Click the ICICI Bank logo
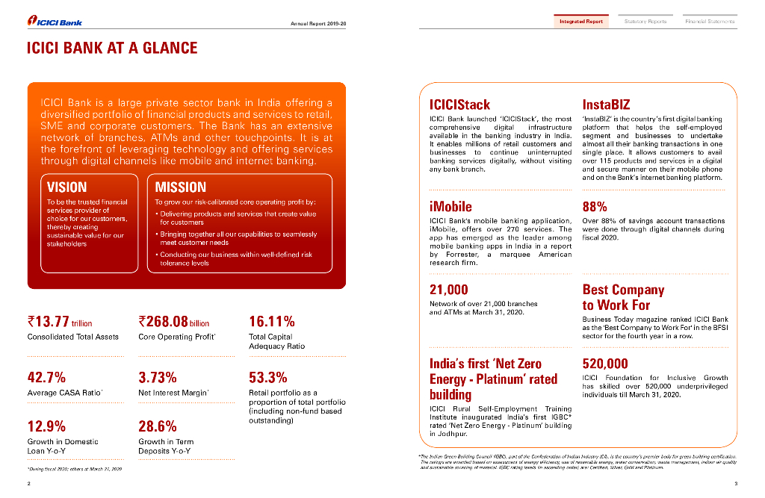click(x=54, y=22)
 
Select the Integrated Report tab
click(x=580, y=22)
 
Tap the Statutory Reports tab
click(x=645, y=22)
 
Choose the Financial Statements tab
click(x=709, y=22)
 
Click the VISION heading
click(x=66, y=187)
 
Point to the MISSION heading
click(x=180, y=187)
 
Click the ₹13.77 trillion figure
click(x=60, y=322)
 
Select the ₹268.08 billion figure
click(x=174, y=322)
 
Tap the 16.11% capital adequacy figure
click(x=271, y=322)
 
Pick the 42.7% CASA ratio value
click(x=46, y=377)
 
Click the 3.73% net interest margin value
click(x=158, y=377)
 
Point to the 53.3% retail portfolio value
click(x=267, y=377)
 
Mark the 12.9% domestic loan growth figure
click(x=46, y=426)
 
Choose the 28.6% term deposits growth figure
click(x=158, y=426)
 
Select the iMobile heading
click(x=450, y=206)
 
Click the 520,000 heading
click(x=605, y=364)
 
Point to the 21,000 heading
click(x=449, y=290)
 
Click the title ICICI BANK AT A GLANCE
click(x=112, y=49)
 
